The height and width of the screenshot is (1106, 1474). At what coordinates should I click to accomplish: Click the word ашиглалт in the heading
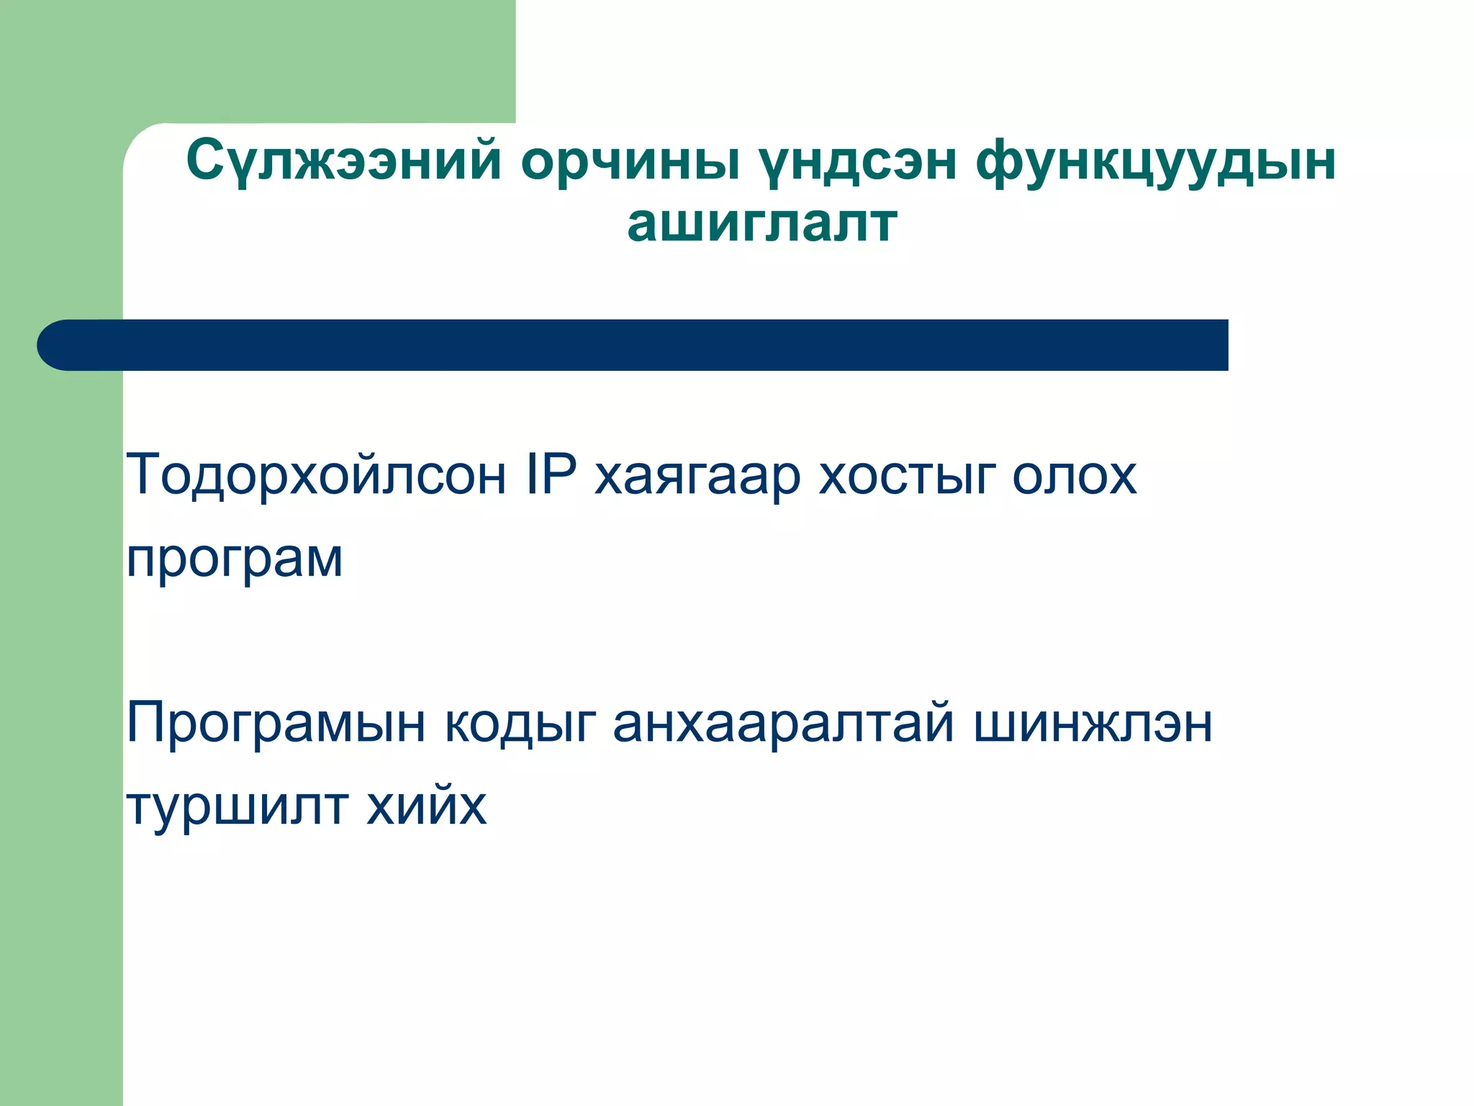pyautogui.click(x=762, y=223)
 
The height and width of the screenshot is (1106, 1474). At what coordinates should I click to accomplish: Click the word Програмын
pyautogui.click(x=276, y=724)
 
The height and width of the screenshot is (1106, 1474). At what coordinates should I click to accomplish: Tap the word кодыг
pyautogui.click(x=520, y=724)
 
